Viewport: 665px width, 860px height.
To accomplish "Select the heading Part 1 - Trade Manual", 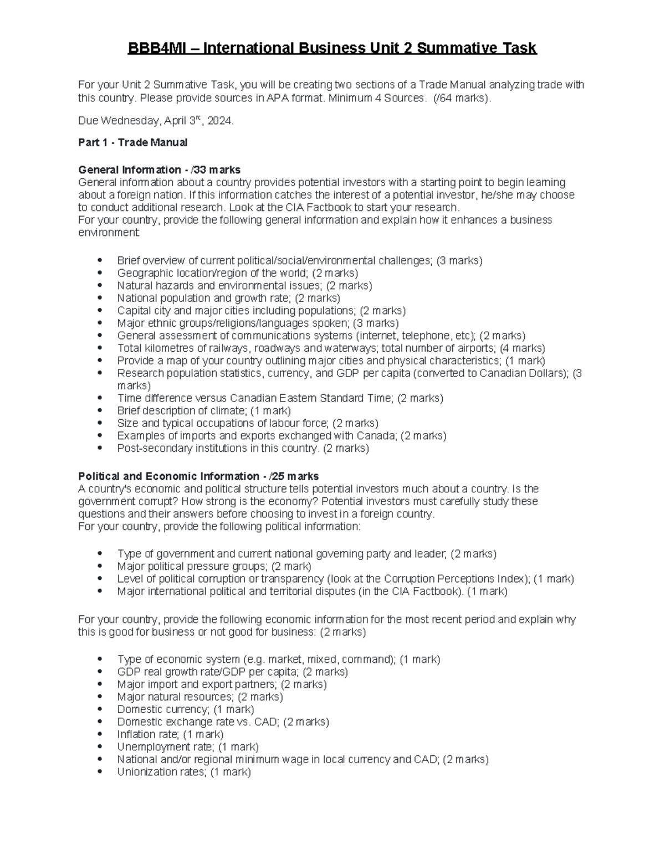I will [x=133, y=142].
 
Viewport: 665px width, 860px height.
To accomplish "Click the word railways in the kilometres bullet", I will [x=227, y=348].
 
